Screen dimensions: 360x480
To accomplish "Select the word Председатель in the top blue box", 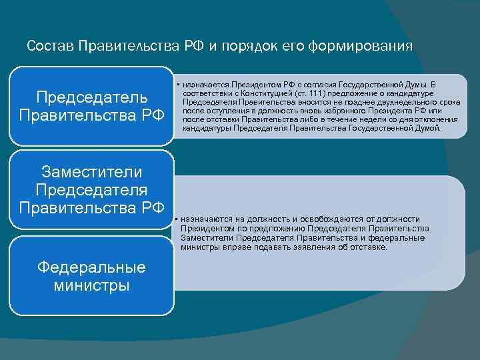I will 92,97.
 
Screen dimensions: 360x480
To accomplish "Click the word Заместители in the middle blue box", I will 92,172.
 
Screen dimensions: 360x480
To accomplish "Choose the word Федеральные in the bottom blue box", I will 92,268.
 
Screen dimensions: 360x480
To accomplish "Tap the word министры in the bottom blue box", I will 92,286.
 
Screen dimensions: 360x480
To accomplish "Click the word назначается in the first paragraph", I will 205,85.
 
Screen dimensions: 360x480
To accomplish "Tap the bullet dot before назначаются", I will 175,219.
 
